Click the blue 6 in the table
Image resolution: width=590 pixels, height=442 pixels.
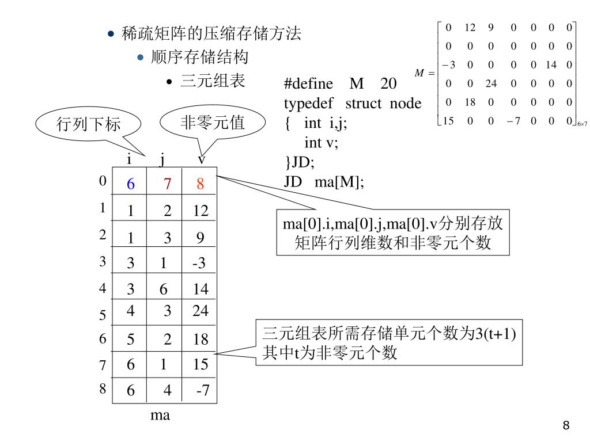click(x=131, y=184)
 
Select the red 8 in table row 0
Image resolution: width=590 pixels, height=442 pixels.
click(x=200, y=184)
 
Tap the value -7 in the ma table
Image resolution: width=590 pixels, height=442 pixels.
click(x=203, y=390)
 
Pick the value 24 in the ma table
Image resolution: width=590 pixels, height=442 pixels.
click(x=200, y=311)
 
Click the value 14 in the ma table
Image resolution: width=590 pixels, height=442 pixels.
click(x=201, y=289)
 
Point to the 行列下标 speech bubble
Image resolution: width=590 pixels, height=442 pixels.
click(x=88, y=124)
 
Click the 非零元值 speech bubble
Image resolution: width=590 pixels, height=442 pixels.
click(x=213, y=122)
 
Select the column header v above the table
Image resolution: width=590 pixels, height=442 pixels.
click(x=202, y=160)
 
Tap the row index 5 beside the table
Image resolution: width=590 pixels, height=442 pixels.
click(x=103, y=315)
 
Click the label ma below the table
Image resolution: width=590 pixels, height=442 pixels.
click(x=160, y=416)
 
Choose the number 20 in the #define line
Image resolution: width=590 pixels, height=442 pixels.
click(x=388, y=83)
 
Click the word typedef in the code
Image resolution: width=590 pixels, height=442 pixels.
click(x=308, y=104)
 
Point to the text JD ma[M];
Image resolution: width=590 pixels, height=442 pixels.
click(x=324, y=182)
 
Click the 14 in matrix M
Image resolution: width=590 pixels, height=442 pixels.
click(x=551, y=65)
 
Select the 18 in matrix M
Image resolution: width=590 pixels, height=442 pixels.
click(x=470, y=102)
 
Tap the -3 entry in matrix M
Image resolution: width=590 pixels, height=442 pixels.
click(x=448, y=65)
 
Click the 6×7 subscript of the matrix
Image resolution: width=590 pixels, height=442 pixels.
click(x=582, y=124)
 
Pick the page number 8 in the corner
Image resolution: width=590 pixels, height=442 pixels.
click(x=566, y=425)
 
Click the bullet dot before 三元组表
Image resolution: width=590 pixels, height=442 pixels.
click(x=169, y=82)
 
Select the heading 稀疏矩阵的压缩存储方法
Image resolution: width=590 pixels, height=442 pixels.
click(x=211, y=33)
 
